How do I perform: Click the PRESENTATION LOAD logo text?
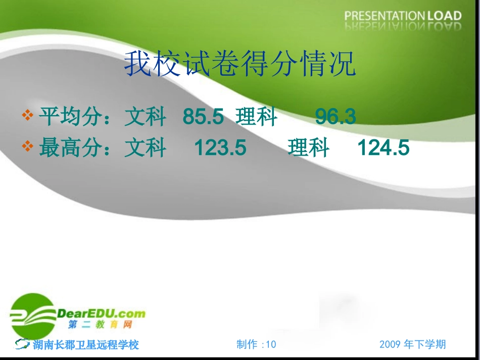(x=403, y=16)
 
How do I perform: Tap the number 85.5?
(x=203, y=117)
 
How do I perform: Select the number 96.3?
(x=335, y=117)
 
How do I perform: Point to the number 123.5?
(x=220, y=148)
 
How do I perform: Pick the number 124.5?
(x=383, y=148)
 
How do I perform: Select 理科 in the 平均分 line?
(x=257, y=117)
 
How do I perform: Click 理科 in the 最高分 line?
(x=309, y=148)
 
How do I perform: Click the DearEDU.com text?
(x=101, y=314)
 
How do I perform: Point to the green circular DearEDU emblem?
(x=31, y=316)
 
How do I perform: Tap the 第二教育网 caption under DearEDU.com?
(x=100, y=325)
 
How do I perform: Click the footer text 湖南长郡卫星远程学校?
(x=86, y=345)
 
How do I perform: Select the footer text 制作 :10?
(x=256, y=345)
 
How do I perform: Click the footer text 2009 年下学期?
(x=412, y=345)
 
